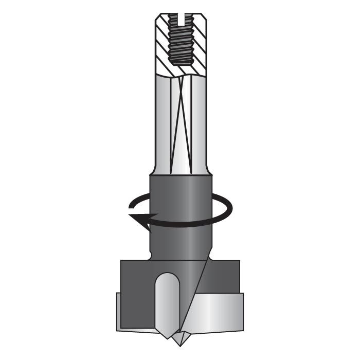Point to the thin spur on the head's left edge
pyautogui.click(x=118, y=311)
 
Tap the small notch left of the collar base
pyautogui.click(x=150, y=255)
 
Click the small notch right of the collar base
pyautogui.click(x=210, y=255)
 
